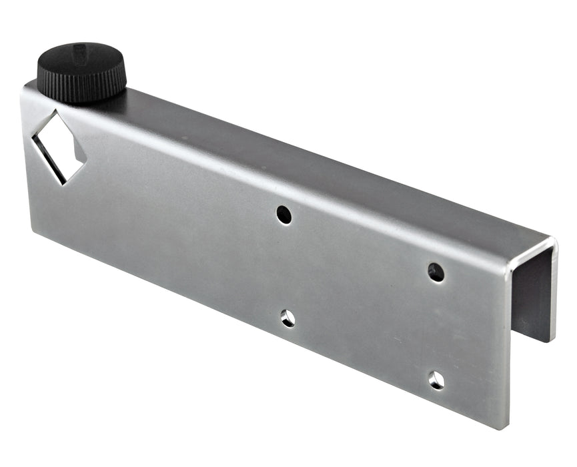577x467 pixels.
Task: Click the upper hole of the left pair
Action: tap(284, 214)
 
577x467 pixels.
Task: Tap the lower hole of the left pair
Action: tap(287, 318)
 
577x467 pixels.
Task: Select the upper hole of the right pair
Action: tap(436, 272)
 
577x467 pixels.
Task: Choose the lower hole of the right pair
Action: tap(436, 380)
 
